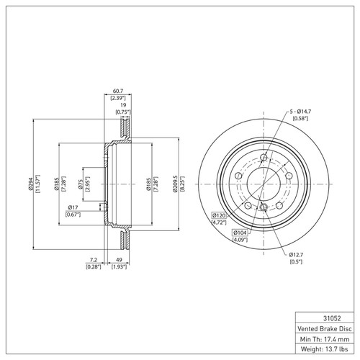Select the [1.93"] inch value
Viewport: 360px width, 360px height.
pyautogui.click(x=120, y=268)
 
